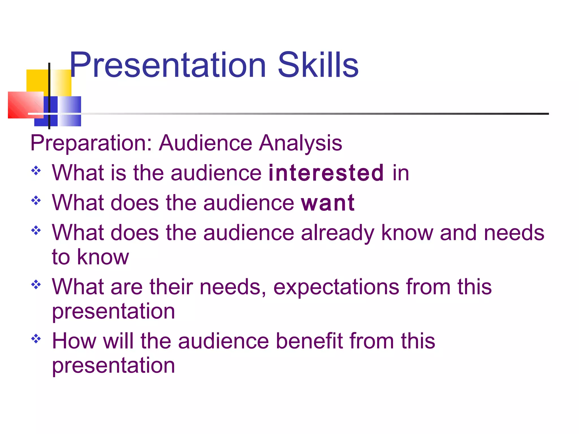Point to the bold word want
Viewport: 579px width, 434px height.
(x=328, y=203)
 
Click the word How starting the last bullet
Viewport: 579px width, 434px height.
(x=74, y=341)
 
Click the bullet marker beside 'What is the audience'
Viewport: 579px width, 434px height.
(x=36, y=171)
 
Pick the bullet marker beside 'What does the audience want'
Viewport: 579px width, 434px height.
(x=36, y=201)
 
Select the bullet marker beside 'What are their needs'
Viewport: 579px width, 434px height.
(x=36, y=285)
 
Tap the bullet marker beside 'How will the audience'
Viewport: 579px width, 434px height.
(x=36, y=338)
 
